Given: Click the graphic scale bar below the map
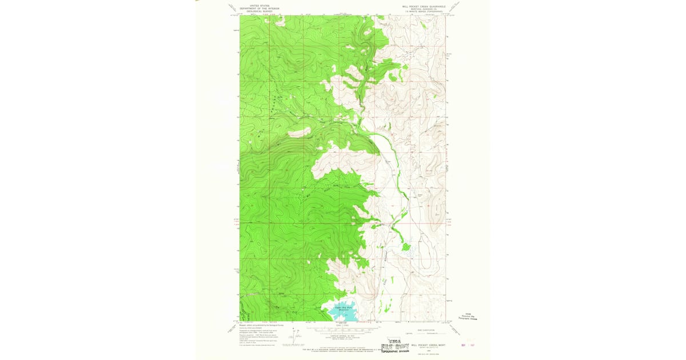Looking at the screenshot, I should coord(343,328).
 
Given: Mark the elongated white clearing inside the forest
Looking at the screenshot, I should coord(299,133).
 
